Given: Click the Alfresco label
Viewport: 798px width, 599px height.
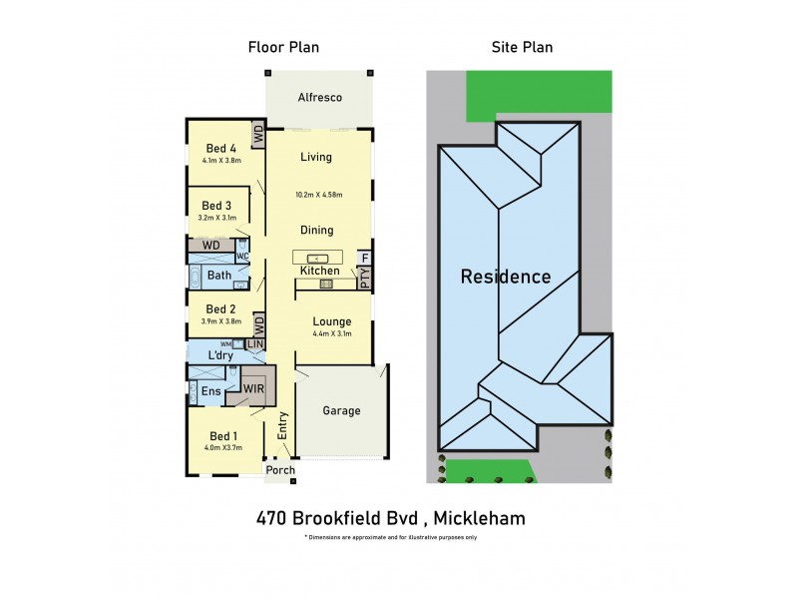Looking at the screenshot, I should pos(320,98).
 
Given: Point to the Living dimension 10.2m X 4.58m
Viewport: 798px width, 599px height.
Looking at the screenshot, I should pos(319,195).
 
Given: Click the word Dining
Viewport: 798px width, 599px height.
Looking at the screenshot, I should pos(317,231).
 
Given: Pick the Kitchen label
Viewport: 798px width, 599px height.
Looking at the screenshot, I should pos(319,272).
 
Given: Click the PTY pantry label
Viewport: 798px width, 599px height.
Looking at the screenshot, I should pos(365,279).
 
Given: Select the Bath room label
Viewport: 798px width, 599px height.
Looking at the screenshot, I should pos(219,276).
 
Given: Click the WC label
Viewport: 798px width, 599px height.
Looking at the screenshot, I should pos(242,257).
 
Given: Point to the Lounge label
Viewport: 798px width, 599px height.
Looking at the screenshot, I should pos(331,321).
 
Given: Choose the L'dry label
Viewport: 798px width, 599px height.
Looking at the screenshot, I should pos(220,356).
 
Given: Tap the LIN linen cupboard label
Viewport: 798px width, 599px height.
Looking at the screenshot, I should pos(255,344).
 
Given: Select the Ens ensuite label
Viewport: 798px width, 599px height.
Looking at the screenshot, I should pos(211,391).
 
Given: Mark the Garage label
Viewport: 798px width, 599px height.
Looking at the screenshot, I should pos(341,410).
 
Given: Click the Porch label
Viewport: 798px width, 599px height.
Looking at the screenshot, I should pos(280,471).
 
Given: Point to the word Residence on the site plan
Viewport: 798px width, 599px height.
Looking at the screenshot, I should pos(505,277).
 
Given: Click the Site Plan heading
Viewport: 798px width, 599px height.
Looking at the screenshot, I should pos(522,47).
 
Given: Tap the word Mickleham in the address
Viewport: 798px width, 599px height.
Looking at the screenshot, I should pos(474,518).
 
